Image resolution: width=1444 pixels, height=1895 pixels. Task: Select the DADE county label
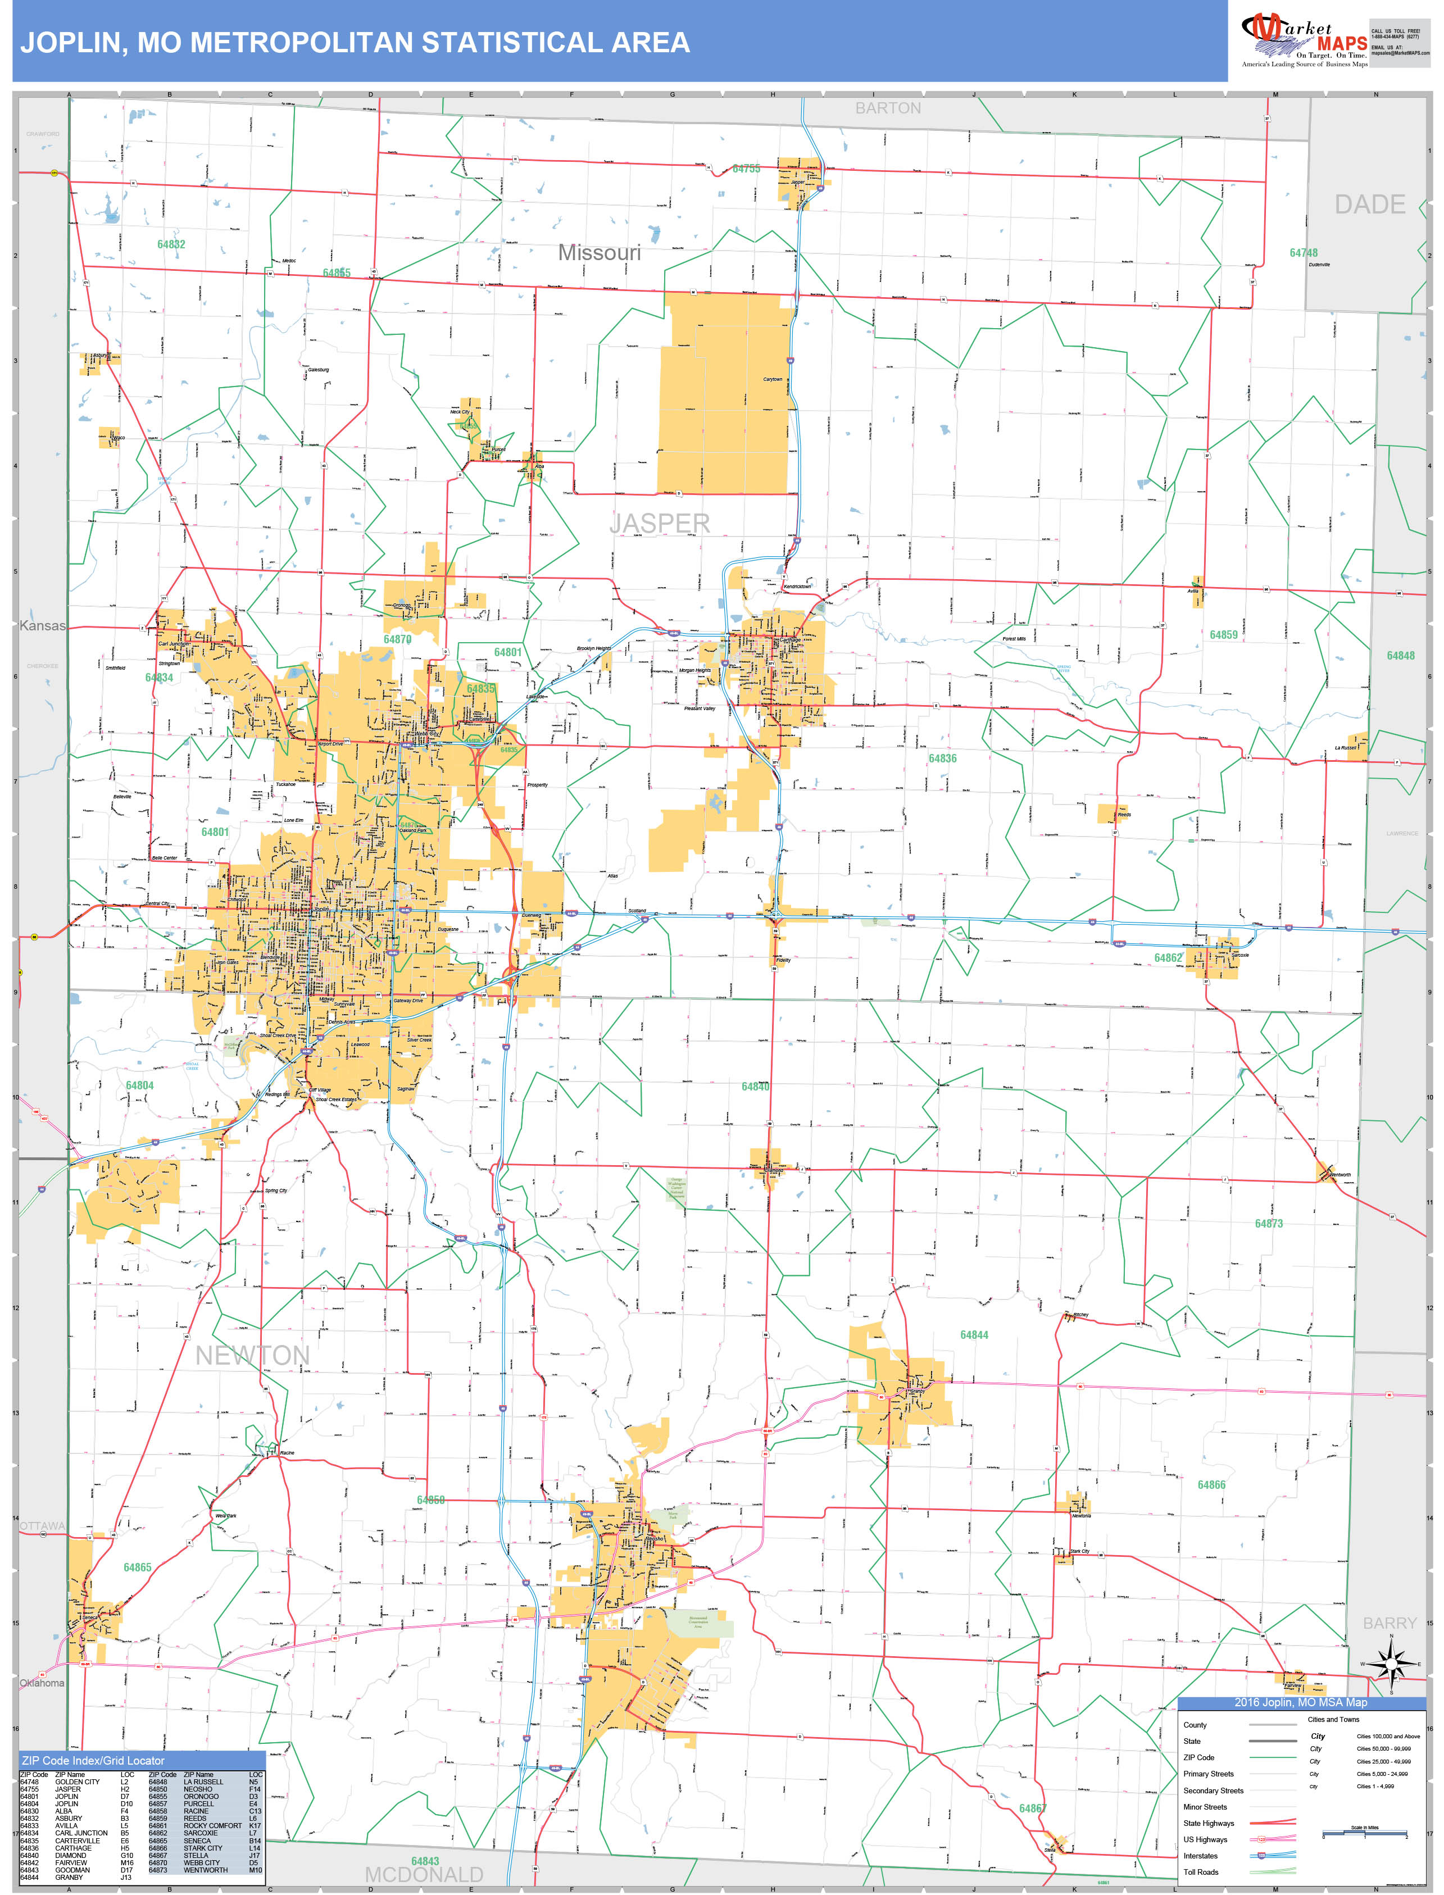click(1370, 205)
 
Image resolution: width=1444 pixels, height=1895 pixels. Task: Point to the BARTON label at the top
click(888, 108)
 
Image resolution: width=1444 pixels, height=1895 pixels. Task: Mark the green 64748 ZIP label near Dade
click(1303, 253)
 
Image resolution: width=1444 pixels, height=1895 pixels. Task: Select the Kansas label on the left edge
click(42, 626)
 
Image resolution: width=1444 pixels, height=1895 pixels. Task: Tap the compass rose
click(1390, 1664)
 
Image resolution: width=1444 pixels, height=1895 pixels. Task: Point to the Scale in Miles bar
click(1364, 1834)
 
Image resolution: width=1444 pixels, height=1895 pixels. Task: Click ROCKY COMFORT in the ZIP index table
click(212, 1825)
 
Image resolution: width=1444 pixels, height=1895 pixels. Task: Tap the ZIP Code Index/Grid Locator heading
click(92, 1760)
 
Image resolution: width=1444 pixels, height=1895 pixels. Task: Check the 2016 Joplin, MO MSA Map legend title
click(1301, 1702)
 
